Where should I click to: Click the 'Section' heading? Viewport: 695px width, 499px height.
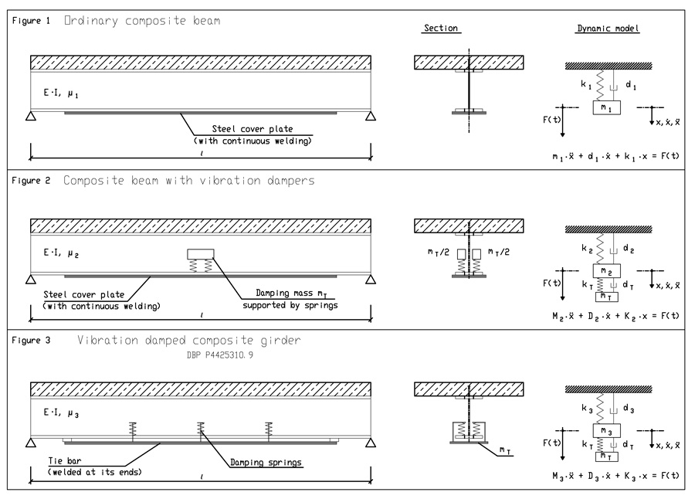point(441,29)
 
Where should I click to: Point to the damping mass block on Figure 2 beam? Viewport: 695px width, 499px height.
point(201,256)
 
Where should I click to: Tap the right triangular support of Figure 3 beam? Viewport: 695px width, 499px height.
point(371,443)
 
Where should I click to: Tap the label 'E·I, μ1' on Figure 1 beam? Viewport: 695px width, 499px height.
point(62,93)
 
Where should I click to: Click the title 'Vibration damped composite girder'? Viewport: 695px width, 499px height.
point(184,341)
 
